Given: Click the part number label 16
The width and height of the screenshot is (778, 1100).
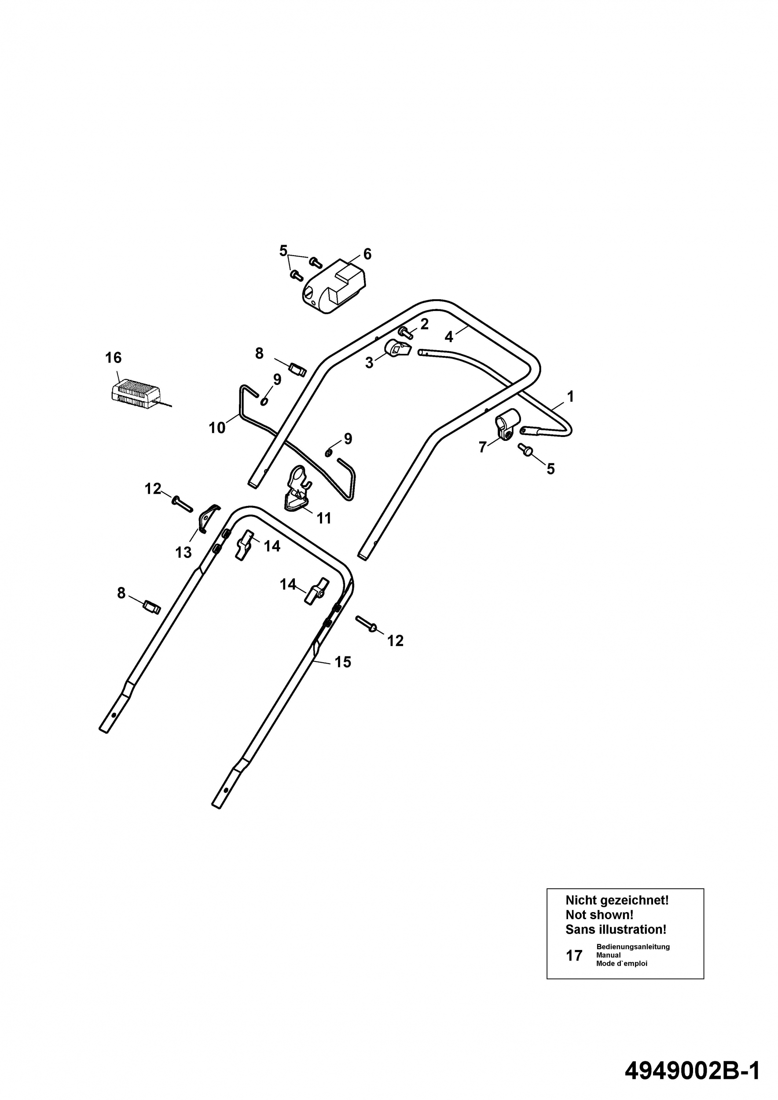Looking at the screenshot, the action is pyautogui.click(x=114, y=357).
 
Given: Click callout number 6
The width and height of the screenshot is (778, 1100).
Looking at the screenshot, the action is pyautogui.click(x=367, y=254).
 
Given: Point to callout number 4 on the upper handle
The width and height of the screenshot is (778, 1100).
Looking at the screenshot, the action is pyautogui.click(x=448, y=337).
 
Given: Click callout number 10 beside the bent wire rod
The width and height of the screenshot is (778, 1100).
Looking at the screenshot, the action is pyautogui.click(x=217, y=428).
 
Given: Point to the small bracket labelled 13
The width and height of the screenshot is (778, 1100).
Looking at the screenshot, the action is pyautogui.click(x=207, y=518).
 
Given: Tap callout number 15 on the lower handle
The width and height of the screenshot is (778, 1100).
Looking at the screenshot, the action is pyautogui.click(x=342, y=662).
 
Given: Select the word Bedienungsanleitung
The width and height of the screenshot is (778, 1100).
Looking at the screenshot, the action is pyautogui.click(x=633, y=947).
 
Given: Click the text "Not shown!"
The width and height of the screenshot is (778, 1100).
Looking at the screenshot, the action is pyautogui.click(x=599, y=915).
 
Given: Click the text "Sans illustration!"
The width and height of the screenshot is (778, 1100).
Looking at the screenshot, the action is pyautogui.click(x=616, y=929).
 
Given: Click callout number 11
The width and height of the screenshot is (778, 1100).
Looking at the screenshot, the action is pyautogui.click(x=324, y=518).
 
